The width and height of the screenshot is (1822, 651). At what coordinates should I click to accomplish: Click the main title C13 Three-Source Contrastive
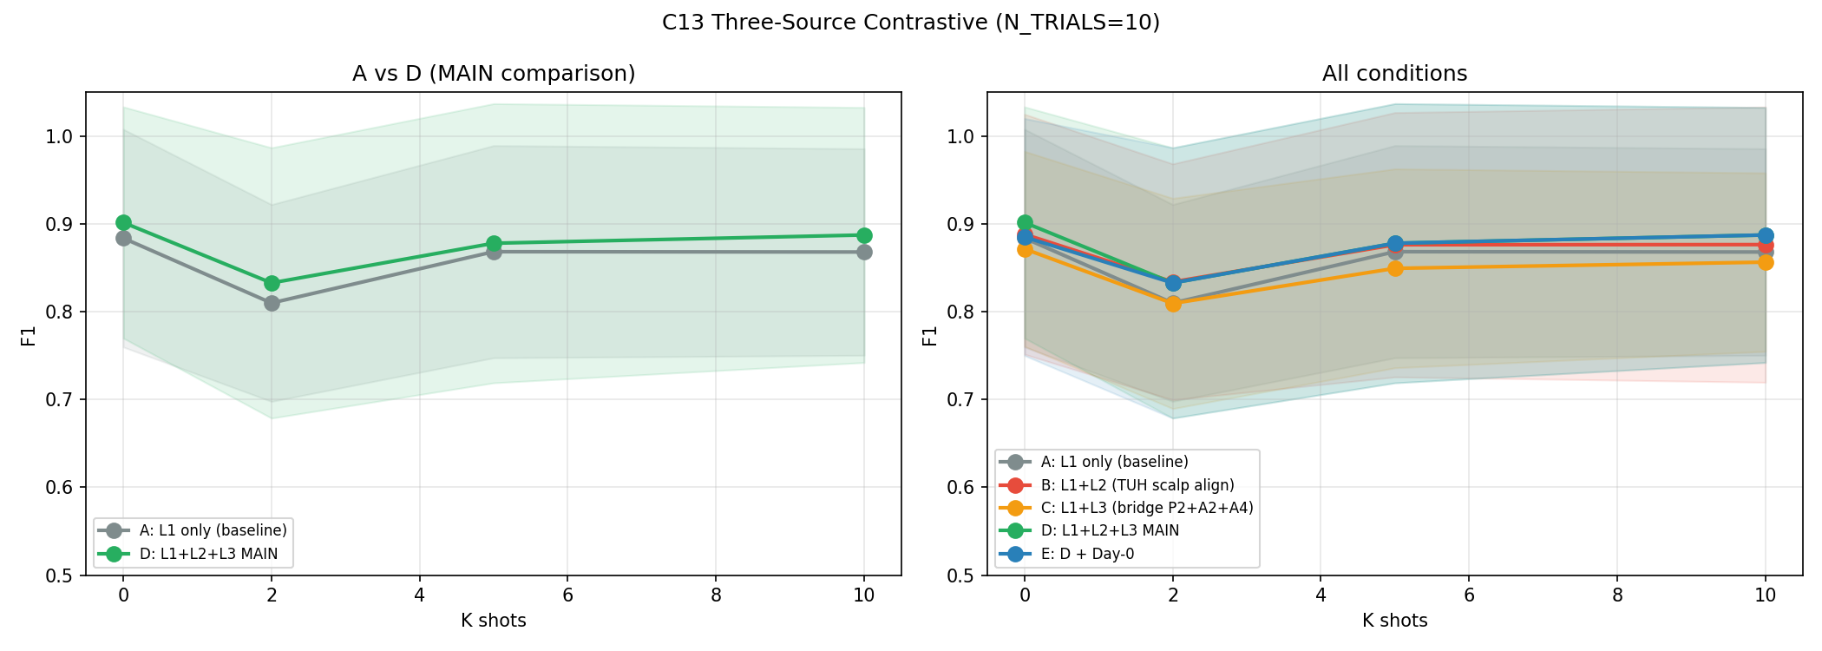[x=910, y=23]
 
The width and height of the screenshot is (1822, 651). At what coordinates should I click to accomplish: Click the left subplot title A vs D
[x=494, y=74]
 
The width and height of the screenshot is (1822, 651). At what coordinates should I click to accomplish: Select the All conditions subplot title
[x=1394, y=74]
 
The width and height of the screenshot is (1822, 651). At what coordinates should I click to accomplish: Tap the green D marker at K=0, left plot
[x=123, y=222]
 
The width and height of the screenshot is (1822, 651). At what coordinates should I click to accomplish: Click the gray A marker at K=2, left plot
[x=272, y=303]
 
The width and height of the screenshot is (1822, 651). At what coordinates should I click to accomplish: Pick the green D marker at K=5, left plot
[x=494, y=243]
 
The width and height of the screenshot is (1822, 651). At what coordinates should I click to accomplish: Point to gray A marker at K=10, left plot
[x=864, y=252]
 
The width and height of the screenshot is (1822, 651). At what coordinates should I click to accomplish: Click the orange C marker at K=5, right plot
[x=1395, y=268]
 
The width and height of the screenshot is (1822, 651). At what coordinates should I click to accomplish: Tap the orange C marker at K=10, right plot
[x=1766, y=262]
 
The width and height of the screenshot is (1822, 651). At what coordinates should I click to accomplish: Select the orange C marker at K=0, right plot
[x=1025, y=249]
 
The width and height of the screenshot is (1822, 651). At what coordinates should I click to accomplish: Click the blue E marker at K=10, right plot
[x=1766, y=235]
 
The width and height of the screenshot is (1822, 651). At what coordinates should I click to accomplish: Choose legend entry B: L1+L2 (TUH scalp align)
[x=1137, y=485]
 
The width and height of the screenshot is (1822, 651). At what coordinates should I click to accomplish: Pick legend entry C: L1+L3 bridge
[x=1146, y=508]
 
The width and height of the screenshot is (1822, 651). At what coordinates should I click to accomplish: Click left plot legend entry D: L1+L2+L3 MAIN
[x=208, y=554]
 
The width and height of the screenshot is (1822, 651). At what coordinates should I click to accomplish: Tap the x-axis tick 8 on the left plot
[x=716, y=595]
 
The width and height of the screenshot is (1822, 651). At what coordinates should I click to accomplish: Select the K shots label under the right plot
[x=1394, y=621]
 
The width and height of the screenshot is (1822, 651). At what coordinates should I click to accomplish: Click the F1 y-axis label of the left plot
[x=29, y=334]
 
